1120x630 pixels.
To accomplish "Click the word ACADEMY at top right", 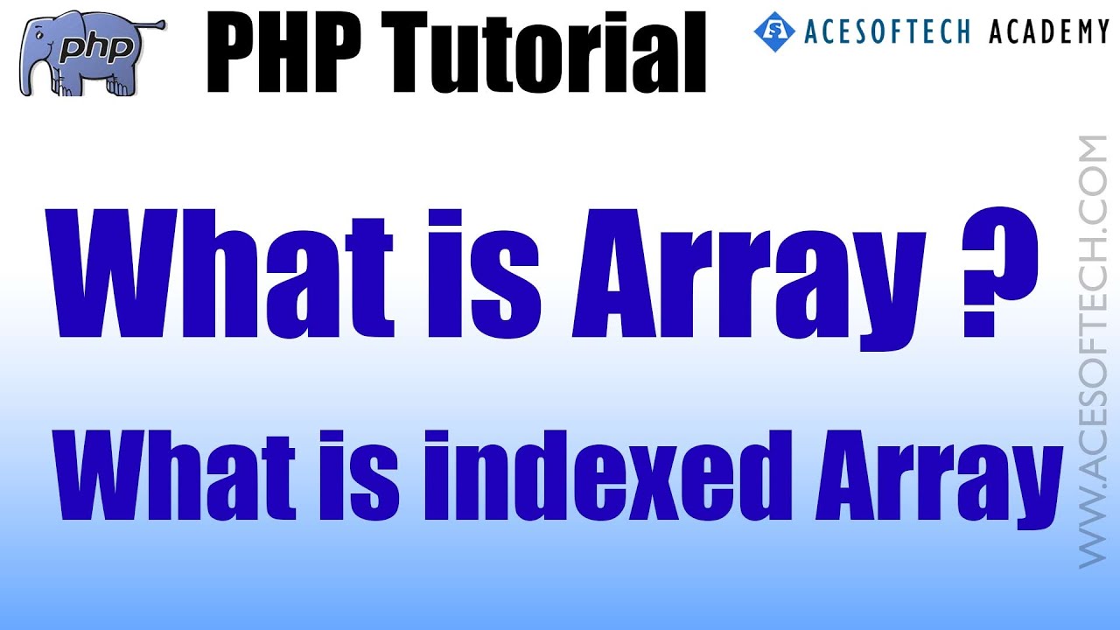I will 1049,32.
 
